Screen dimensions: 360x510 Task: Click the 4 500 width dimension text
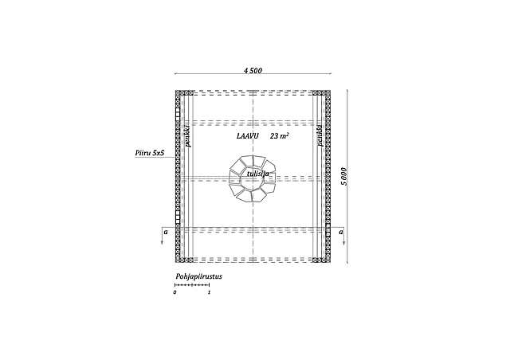click(x=253, y=71)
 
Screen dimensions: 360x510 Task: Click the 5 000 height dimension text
click(x=343, y=176)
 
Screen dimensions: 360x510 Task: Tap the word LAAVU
click(x=248, y=136)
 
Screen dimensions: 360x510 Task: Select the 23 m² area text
click(x=279, y=136)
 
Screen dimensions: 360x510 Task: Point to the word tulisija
click(x=257, y=173)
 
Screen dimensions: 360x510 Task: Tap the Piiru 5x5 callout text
click(x=149, y=151)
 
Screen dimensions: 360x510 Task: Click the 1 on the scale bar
click(x=209, y=292)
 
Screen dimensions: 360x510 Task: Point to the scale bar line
click(x=192, y=284)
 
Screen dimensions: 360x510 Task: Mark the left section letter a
click(x=165, y=231)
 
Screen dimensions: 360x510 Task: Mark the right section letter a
click(x=340, y=231)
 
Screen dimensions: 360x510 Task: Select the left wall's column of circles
click(x=178, y=176)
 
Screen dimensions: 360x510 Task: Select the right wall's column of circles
click(x=326, y=176)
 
